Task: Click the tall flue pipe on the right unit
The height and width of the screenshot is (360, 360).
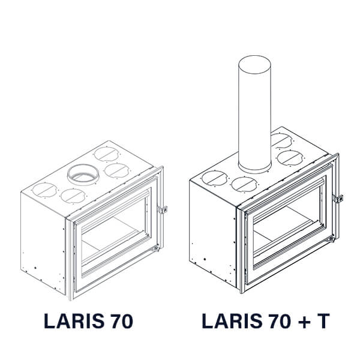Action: [254, 114]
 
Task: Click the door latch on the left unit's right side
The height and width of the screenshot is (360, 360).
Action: [163, 209]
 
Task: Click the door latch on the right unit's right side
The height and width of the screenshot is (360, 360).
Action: [338, 199]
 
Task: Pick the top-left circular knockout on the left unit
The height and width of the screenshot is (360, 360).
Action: [44, 190]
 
